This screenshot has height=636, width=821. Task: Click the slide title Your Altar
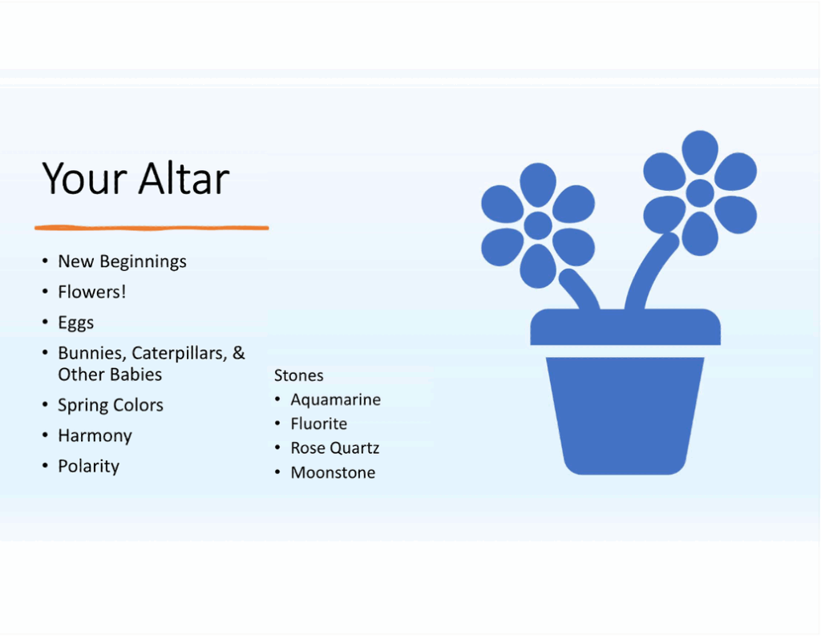point(135,178)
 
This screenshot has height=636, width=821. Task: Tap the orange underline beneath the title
point(152,228)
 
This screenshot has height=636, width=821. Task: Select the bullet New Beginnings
point(122,261)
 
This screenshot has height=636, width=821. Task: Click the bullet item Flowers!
point(92,292)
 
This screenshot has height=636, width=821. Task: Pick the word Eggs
point(76,322)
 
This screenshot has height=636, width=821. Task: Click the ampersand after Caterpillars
point(239,353)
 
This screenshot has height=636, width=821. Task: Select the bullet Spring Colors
point(111,405)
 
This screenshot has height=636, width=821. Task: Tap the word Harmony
point(95,435)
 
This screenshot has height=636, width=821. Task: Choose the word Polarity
point(88,466)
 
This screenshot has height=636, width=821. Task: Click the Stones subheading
point(299,375)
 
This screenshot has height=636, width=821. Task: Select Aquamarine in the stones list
point(335,399)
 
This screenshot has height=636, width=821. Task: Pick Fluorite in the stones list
point(318,423)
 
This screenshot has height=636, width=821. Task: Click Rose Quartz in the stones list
point(334,448)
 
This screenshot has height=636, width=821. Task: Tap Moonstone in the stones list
point(333,472)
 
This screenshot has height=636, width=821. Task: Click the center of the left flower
point(538,225)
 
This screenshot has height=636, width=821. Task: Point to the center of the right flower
point(700,192)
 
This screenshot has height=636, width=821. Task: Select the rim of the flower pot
point(625,327)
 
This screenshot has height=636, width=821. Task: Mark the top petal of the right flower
point(700,151)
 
